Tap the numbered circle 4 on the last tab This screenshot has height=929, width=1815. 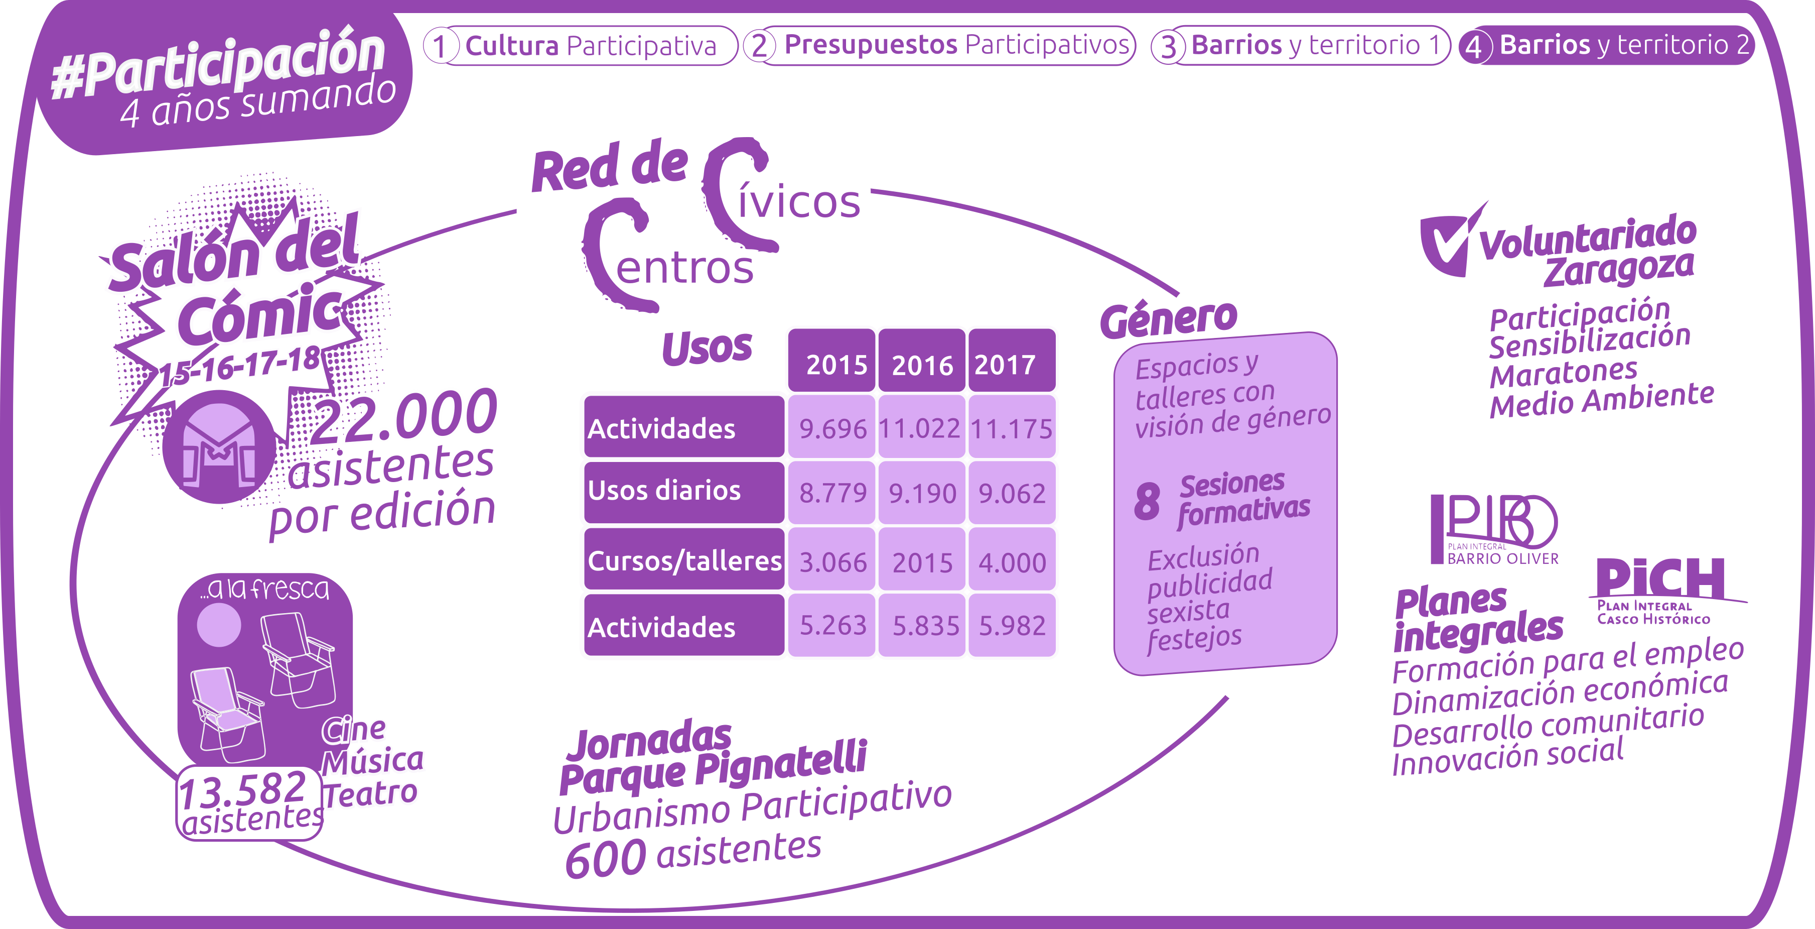tap(1473, 47)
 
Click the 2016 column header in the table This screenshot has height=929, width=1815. tap(922, 365)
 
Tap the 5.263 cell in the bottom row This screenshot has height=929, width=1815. tap(832, 625)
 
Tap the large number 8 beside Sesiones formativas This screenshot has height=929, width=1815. tap(1147, 501)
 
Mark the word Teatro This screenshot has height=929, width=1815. tap(371, 794)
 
